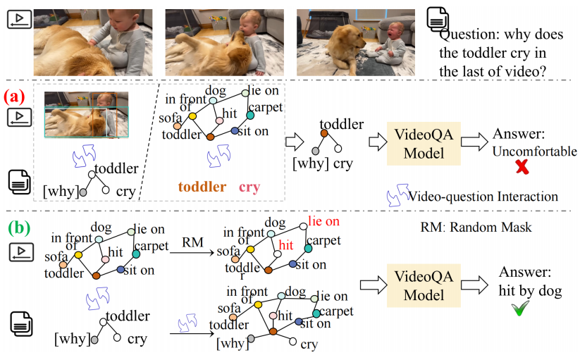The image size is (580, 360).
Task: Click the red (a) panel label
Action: tap(17, 94)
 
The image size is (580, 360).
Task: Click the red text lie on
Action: tap(323, 222)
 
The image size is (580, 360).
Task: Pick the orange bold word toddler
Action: tap(202, 187)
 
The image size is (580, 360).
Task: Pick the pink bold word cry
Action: tap(249, 187)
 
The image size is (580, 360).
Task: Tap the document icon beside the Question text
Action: tap(436, 20)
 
